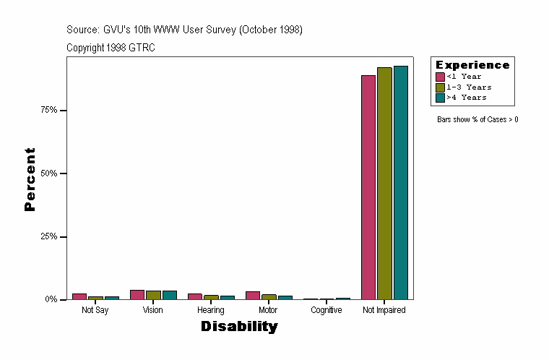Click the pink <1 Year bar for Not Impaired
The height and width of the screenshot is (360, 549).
point(368,187)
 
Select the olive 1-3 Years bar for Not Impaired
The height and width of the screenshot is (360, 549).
point(384,184)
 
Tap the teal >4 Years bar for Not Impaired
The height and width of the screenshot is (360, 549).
point(400,183)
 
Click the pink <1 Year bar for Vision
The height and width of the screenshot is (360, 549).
point(137,295)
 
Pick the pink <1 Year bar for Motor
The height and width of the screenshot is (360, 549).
point(253,296)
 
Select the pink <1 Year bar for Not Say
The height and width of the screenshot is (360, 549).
point(79,296)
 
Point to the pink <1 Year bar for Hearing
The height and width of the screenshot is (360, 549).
point(195,296)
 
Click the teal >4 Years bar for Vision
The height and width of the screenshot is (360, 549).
point(170,295)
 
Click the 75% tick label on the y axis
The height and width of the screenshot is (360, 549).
point(49,111)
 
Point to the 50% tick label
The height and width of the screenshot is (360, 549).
point(49,173)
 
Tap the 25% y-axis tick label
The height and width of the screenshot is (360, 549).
point(49,236)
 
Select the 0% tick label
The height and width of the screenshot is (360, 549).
point(51,299)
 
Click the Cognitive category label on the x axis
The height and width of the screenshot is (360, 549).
point(327,310)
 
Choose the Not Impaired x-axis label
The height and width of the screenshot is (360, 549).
point(384,310)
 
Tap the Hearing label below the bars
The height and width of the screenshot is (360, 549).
point(210,310)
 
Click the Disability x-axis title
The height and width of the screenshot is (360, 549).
point(239,327)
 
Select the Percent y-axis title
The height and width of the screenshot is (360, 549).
point(30,179)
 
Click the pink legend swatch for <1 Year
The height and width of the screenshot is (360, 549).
point(440,77)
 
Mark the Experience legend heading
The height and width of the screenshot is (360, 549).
point(472,65)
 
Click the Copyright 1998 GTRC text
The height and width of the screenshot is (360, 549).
point(111,48)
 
